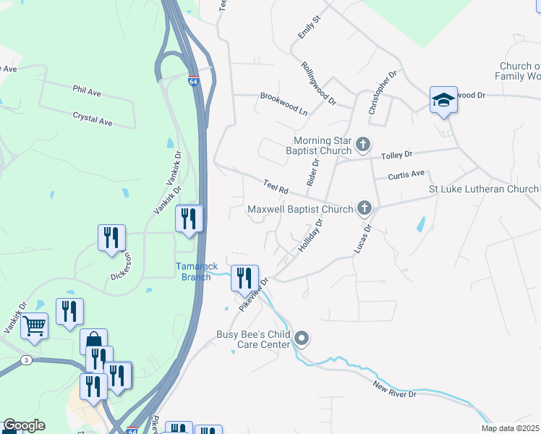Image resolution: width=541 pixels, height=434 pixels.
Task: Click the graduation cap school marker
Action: point(443,100)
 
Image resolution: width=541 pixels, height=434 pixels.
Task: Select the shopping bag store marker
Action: point(94,341)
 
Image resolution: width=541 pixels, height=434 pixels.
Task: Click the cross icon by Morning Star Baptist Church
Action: point(363,146)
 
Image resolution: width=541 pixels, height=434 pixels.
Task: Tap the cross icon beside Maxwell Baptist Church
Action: point(365,209)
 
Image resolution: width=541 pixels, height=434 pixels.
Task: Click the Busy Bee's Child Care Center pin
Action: point(302,338)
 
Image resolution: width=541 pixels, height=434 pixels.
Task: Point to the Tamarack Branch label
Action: point(196,271)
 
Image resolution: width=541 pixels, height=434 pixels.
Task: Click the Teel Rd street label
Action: point(276,187)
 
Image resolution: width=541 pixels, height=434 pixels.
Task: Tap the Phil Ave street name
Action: point(86,91)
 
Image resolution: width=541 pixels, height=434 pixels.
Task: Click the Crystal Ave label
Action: point(93,119)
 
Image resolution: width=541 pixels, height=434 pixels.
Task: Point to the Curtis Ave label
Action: point(406,174)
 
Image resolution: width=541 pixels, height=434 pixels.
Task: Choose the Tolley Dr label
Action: point(396,155)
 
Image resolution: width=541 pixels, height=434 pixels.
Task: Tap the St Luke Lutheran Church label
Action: point(484,189)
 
